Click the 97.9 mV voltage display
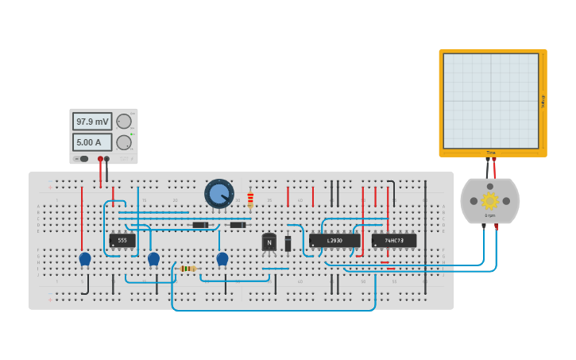tap(92, 122)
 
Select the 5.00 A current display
tap(92, 142)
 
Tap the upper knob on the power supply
tap(124, 122)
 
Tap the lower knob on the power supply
tap(124, 142)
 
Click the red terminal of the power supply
tap(100, 159)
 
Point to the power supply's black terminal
tap(107, 159)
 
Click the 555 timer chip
tap(122, 240)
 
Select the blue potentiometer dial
tap(219, 194)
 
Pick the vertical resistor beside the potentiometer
tap(250, 199)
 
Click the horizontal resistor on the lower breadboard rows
tap(187, 269)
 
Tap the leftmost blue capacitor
tap(85, 258)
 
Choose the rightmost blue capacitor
tap(222, 258)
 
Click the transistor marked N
tap(269, 242)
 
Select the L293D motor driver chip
tap(334, 240)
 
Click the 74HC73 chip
tap(394, 240)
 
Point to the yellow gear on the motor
tap(489, 200)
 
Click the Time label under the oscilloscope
tap(491, 153)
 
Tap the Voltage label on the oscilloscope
tap(543, 101)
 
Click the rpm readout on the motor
tap(490, 215)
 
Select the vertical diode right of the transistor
tap(288, 243)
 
